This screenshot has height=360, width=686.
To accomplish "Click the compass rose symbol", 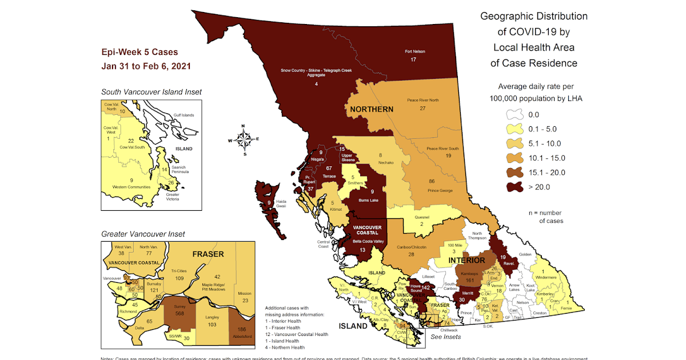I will pos(244,139).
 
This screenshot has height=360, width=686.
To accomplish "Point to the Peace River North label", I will pos(423,99).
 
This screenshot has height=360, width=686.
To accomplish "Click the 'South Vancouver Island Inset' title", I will pos(151,91).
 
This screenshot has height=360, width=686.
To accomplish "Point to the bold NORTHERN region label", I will pos(372,109).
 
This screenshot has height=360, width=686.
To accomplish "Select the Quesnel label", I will pos(421,217).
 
